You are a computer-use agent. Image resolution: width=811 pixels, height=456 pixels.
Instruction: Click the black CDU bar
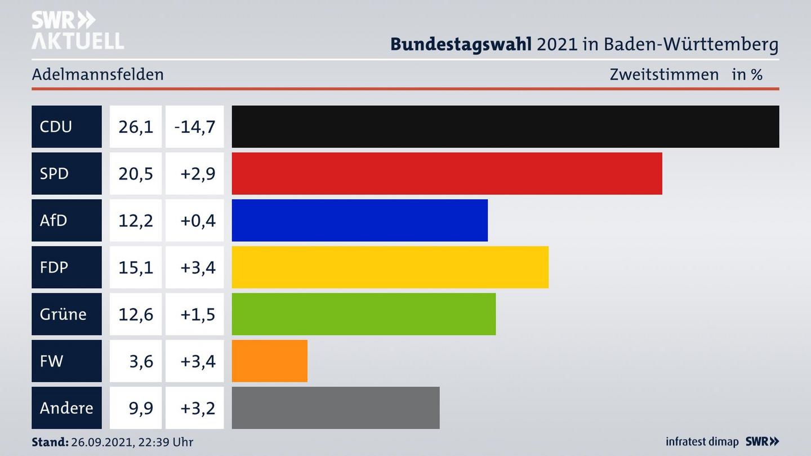click(505, 127)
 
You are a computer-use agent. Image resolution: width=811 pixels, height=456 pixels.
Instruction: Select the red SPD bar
click(447, 173)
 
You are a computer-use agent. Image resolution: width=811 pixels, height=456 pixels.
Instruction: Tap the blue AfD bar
click(359, 220)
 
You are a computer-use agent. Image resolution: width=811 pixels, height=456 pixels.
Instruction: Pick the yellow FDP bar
click(390, 267)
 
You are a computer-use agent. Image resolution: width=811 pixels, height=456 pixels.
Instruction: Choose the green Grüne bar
click(363, 314)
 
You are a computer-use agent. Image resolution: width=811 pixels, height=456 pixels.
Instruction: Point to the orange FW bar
click(269, 361)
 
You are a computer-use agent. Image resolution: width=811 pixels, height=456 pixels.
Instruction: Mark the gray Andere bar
click(335, 408)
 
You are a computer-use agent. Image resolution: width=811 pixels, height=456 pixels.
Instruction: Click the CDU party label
click(56, 127)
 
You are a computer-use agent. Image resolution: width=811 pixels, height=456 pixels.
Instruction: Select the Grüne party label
click(63, 314)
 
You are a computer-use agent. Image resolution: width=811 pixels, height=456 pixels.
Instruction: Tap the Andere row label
click(66, 408)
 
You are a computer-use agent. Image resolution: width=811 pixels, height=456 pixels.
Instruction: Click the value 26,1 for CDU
click(136, 127)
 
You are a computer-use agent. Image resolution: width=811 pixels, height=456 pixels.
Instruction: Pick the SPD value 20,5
click(136, 173)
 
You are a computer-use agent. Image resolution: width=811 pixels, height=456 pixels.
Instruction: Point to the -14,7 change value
click(195, 127)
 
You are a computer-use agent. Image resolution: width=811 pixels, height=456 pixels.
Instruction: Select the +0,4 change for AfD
click(198, 220)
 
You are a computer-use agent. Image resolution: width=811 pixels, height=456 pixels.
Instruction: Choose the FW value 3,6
click(141, 361)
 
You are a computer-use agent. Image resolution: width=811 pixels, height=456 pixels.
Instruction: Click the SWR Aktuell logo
click(77, 30)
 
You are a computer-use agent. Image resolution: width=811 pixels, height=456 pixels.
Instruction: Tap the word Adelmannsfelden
click(97, 74)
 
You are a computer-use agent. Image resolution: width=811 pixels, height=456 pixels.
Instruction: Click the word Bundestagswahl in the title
click(461, 44)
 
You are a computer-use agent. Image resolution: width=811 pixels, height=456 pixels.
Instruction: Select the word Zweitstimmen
click(664, 74)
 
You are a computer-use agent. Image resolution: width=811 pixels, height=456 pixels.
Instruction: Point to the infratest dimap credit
click(702, 442)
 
